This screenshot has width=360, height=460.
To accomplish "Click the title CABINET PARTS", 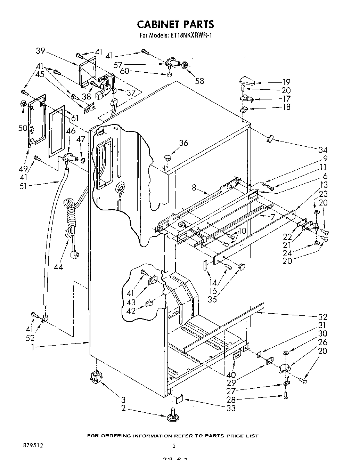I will [x=175, y=24].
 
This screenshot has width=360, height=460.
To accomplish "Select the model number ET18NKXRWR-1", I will [x=191, y=35].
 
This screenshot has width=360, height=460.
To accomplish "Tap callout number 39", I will [x=41, y=51].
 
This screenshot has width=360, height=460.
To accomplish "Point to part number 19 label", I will [x=286, y=82].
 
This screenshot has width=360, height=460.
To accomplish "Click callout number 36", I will [x=183, y=143].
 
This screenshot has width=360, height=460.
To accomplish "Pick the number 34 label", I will [x=323, y=150].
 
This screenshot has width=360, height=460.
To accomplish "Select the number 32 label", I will [x=322, y=317].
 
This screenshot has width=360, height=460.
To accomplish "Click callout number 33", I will [x=230, y=408].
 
